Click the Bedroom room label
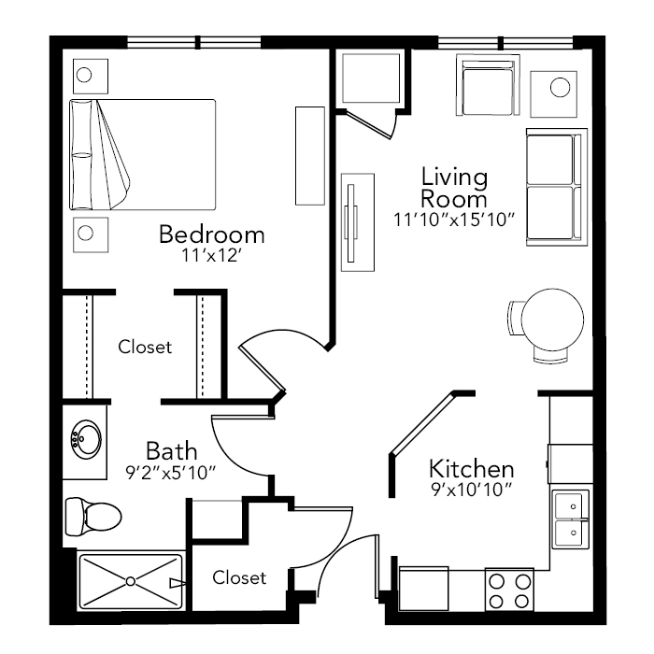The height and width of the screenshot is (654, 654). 212,235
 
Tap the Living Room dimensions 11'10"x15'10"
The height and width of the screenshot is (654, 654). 454,220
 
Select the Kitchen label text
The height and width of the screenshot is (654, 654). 471,469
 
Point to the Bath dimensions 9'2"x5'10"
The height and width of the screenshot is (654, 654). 171,473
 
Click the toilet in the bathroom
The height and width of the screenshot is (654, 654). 93,517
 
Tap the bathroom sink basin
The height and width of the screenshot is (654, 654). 86,439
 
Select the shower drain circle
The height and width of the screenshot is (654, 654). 131,581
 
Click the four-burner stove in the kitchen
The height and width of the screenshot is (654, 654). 509,590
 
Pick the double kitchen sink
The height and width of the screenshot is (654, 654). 571,519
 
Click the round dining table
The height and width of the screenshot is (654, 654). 552,320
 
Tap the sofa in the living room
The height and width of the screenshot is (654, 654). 557,187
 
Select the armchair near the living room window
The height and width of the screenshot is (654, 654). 488,85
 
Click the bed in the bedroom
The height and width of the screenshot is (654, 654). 142,155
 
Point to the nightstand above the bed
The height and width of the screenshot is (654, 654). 91,77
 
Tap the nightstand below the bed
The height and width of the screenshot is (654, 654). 91,235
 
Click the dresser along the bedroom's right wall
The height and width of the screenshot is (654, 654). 310,156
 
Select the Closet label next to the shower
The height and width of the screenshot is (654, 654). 239,577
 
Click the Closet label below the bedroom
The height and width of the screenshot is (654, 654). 145,347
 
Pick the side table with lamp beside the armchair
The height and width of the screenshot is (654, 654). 554,93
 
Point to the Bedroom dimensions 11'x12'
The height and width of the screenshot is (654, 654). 212,255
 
